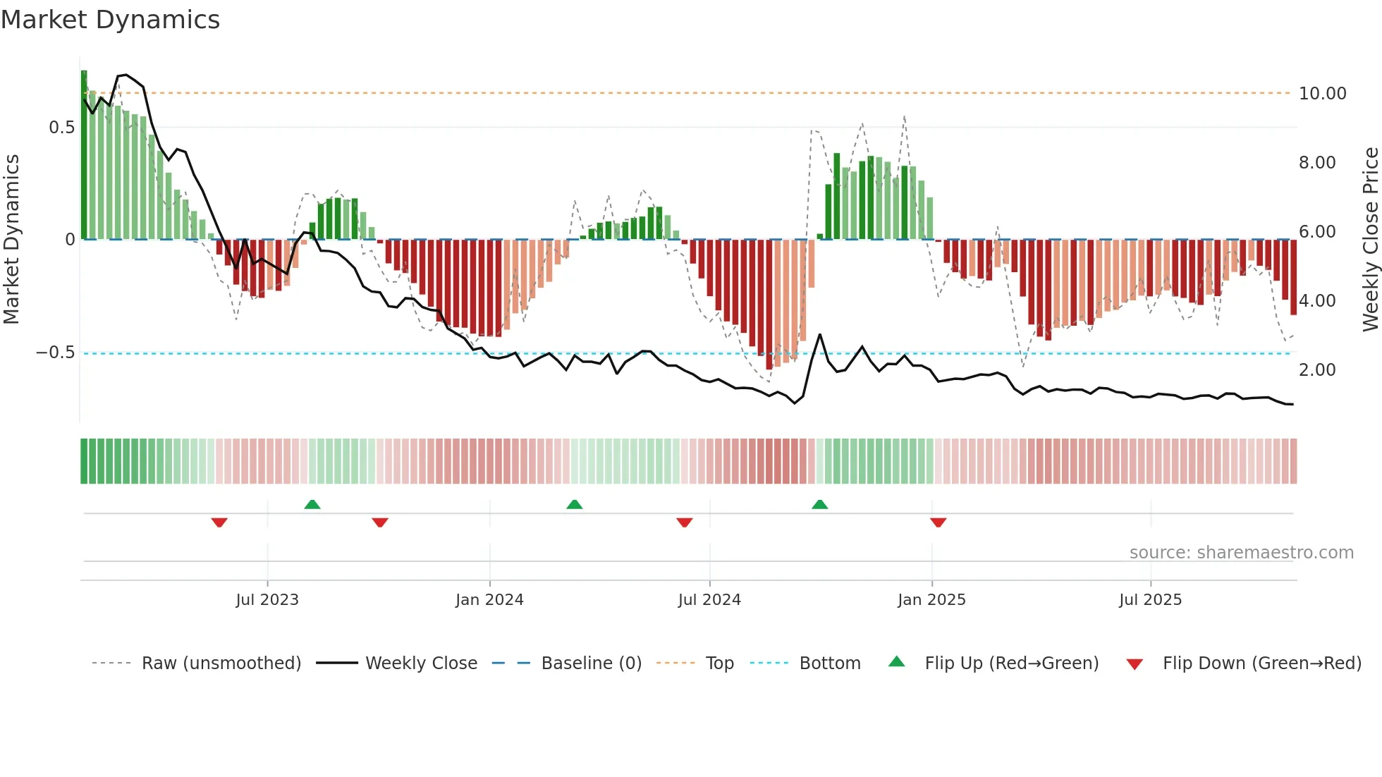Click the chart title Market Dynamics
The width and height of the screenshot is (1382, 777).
click(110, 20)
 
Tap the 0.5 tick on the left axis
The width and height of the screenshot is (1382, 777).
click(61, 128)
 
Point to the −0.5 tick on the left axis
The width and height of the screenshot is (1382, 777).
click(55, 353)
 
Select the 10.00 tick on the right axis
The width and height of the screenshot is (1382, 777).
click(1322, 94)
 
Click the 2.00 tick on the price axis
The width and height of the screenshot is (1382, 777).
click(1316, 370)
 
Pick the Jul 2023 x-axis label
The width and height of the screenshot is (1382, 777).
click(267, 600)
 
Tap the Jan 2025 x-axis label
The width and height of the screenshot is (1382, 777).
click(931, 600)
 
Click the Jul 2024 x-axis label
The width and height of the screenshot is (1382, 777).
click(709, 600)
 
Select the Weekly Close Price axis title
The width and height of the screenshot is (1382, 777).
click(1370, 240)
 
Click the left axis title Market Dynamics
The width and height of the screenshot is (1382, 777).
click(11, 240)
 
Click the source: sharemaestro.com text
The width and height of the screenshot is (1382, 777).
click(1241, 553)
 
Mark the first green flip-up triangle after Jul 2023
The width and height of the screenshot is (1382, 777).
click(312, 504)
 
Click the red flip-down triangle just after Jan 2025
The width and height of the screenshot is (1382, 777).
click(938, 522)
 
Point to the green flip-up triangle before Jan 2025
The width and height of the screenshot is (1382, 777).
click(819, 504)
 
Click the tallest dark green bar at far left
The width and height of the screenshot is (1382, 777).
click(84, 155)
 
